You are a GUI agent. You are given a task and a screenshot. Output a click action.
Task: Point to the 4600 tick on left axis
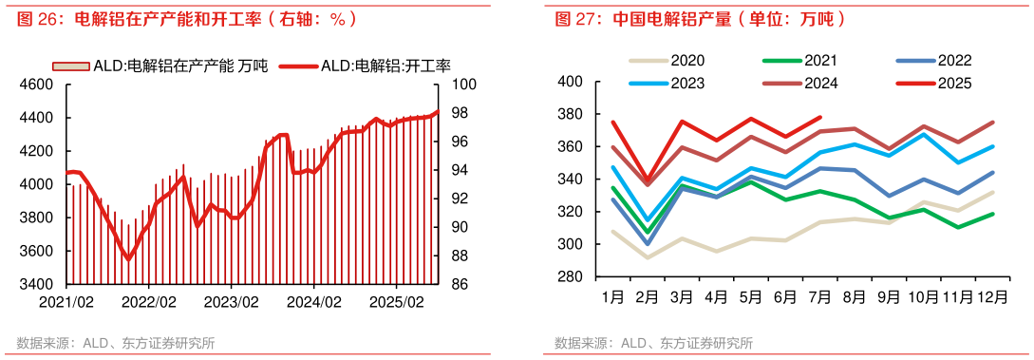[37, 85]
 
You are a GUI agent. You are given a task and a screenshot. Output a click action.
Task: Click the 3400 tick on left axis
[37, 284]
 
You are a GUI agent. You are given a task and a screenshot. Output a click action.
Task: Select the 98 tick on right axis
[458, 113]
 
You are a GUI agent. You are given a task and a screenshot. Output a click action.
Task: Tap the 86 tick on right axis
[458, 284]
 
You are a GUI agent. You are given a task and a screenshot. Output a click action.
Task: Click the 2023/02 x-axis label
[232, 301]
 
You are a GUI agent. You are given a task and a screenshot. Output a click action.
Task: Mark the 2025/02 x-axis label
[397, 301]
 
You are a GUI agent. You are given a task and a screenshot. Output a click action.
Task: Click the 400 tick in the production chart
[570, 82]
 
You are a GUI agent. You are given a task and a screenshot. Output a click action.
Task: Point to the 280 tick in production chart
[570, 276]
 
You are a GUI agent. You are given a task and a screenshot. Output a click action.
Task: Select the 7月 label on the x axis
[819, 296]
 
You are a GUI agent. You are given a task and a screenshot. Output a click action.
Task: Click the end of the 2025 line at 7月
[820, 118]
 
